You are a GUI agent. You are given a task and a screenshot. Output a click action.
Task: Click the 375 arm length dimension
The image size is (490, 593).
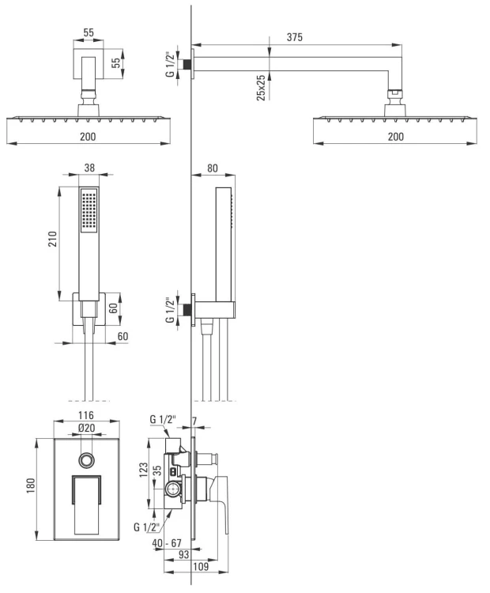(295, 37)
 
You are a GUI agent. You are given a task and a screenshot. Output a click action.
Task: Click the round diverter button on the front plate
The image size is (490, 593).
(87, 459)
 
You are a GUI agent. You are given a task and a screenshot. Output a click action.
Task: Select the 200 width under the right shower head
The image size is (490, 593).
(395, 136)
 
